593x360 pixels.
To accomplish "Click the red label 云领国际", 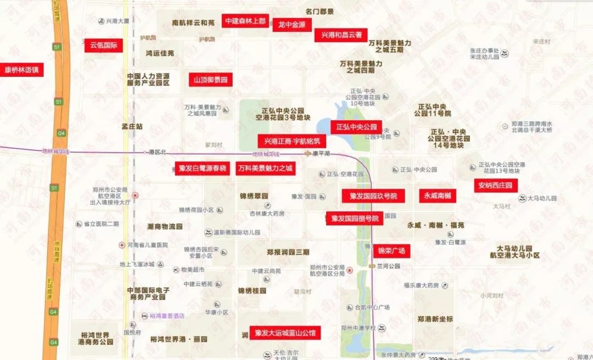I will (103, 45).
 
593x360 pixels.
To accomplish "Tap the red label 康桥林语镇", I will (22, 70).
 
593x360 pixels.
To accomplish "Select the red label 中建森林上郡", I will (245, 21).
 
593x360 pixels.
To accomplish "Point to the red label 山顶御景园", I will (210, 80).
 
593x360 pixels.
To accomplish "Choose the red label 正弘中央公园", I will (356, 127).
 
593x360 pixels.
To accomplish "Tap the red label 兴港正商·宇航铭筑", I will (292, 141).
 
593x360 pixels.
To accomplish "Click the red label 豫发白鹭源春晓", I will (203, 168).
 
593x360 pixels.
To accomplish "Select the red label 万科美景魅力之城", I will (265, 168).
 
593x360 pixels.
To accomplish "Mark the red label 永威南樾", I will (437, 195).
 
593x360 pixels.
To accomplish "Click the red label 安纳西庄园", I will (495, 185).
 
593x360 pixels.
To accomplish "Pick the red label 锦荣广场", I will (391, 251).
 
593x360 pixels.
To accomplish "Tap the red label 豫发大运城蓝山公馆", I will (286, 333).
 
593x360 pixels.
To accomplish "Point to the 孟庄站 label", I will (132, 126).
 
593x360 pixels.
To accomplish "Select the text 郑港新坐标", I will (435, 319).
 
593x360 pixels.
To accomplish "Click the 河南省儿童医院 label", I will (143, 245).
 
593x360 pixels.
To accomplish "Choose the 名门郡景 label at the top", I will (320, 11).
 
